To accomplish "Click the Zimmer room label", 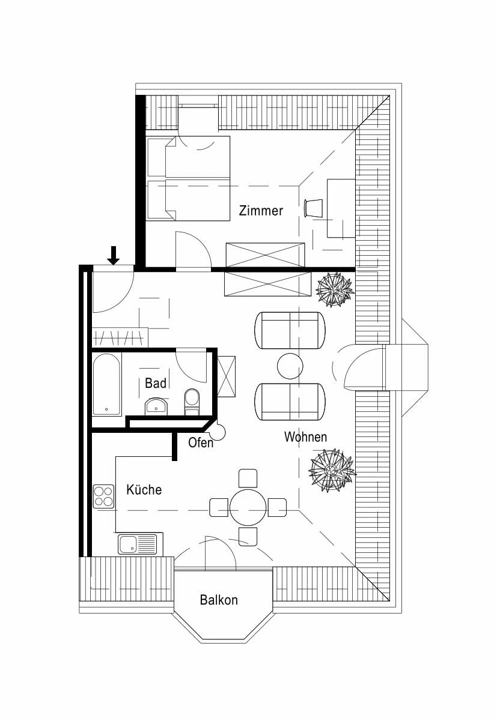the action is (x=261, y=211).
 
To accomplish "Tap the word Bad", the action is (x=156, y=383).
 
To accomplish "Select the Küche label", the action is (x=144, y=489).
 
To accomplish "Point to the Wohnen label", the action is (x=305, y=437).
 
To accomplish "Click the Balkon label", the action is (x=219, y=600).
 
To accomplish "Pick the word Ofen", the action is (x=201, y=443).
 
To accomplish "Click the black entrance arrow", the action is (x=113, y=255).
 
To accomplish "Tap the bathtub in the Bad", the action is (x=107, y=384).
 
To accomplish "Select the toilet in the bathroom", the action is (x=192, y=402).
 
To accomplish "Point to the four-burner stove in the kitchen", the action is (x=103, y=496).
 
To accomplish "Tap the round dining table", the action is (x=248, y=507).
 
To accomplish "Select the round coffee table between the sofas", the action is (x=290, y=366).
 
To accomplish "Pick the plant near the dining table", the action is (x=332, y=470).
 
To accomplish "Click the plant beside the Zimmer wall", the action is (x=335, y=289).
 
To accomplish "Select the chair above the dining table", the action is (x=248, y=478).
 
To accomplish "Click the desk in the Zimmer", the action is (x=341, y=208).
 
